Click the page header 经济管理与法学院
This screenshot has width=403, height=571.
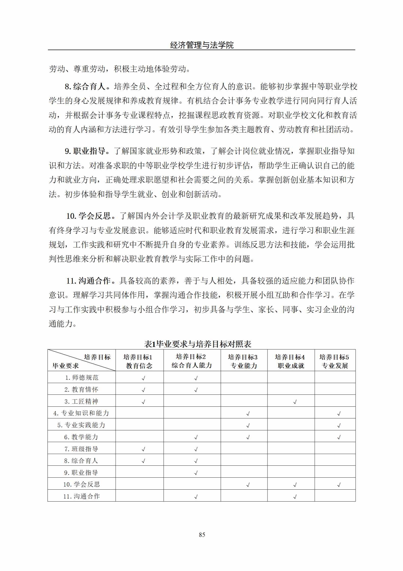[x=202, y=45]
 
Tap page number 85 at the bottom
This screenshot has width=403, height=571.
[x=202, y=535]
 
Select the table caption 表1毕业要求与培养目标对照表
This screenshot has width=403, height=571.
[x=198, y=344]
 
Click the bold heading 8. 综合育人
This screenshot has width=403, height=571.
[x=85, y=87]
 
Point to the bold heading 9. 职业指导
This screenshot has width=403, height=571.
[x=85, y=151]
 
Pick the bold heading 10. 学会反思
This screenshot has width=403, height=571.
[x=88, y=216]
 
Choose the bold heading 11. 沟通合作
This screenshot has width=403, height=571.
[x=88, y=281]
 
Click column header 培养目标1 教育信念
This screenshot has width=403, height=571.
[x=139, y=361]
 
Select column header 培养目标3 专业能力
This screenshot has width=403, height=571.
[x=243, y=361]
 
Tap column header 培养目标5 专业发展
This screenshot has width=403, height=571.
[x=335, y=361]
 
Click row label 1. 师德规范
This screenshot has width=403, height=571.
[x=82, y=378]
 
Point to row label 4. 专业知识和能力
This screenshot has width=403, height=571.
[x=81, y=413]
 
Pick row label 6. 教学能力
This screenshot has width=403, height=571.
[x=81, y=437]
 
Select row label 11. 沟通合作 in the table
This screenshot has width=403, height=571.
[x=82, y=496]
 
